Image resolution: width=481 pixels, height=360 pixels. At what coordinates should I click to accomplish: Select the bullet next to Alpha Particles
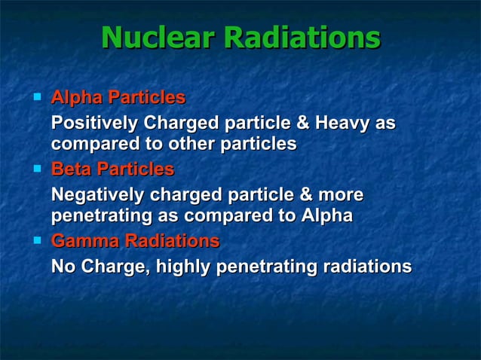tap(36, 97)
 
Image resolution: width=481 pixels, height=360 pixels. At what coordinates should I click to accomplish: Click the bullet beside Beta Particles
tap(36, 169)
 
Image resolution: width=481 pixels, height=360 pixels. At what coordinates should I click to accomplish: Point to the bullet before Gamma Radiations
tap(36, 241)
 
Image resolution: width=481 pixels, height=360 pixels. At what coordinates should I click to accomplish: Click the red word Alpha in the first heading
tap(76, 98)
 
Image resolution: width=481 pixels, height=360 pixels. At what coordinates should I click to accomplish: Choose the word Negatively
tap(98, 195)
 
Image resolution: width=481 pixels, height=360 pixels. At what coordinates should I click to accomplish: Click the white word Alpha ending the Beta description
tap(326, 216)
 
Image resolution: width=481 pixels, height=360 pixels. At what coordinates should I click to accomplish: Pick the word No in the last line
tap(63, 267)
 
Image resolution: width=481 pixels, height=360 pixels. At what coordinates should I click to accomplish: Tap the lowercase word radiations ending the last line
tap(366, 267)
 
